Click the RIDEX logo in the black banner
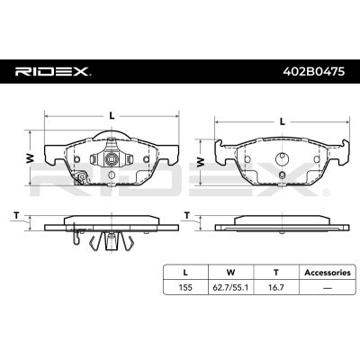point(53,71)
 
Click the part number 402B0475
point(314,72)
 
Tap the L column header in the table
point(185,273)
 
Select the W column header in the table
point(230,273)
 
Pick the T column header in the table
point(276,273)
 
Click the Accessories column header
point(328,273)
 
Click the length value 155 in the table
point(185,287)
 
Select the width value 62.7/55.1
point(230,287)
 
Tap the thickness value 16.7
point(276,287)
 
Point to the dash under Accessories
point(328,288)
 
